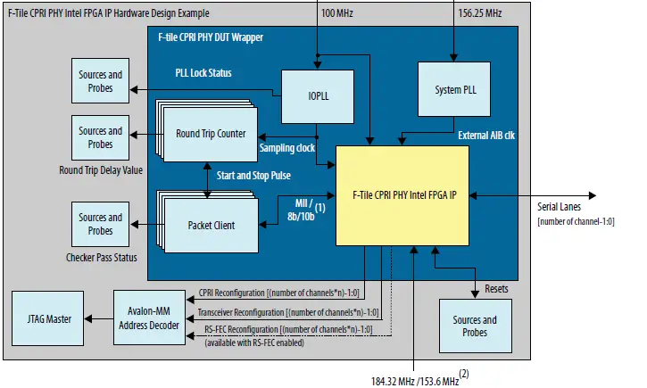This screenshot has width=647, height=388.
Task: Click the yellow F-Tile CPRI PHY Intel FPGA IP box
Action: (402, 195)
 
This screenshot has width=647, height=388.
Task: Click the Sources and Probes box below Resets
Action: (476, 326)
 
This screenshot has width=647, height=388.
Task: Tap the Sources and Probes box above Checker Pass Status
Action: (100, 223)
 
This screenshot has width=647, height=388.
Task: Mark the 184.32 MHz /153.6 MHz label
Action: (414, 380)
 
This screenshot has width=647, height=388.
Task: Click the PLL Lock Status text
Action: (208, 71)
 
